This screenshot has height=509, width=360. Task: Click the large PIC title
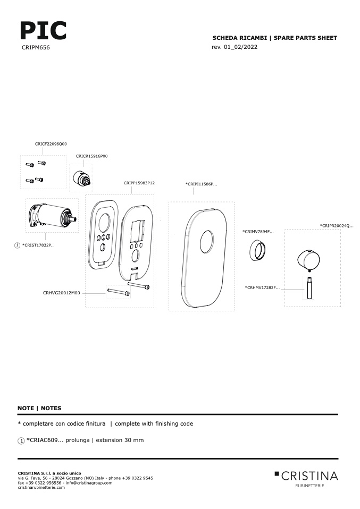tap(43, 30)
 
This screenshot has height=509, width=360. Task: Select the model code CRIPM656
tap(36, 47)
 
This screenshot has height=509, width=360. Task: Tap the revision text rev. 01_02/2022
tap(235, 47)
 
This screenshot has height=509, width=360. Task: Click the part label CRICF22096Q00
tap(51, 144)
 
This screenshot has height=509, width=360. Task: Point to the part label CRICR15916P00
tap(91, 156)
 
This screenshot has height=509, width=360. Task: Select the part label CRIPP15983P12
tap(139, 183)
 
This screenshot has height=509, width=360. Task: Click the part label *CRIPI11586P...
tap(202, 184)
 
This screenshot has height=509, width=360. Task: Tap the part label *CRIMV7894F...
tap(258, 232)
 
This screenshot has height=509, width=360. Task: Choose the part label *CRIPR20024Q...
tap(337, 226)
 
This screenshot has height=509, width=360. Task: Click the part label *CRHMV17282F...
tap(262, 287)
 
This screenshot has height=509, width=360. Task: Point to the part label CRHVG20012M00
tap(61, 293)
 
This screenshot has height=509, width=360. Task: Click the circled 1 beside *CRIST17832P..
tap(17, 245)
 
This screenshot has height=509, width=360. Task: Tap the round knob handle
tap(308, 260)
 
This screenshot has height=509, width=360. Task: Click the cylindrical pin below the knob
tap(309, 287)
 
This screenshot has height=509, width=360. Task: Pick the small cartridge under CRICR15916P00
tap(81, 179)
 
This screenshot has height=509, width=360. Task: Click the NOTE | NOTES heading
tap(39, 408)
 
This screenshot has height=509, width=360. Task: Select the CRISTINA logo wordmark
tap(309, 476)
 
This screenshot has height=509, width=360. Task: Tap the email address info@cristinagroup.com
tap(89, 483)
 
